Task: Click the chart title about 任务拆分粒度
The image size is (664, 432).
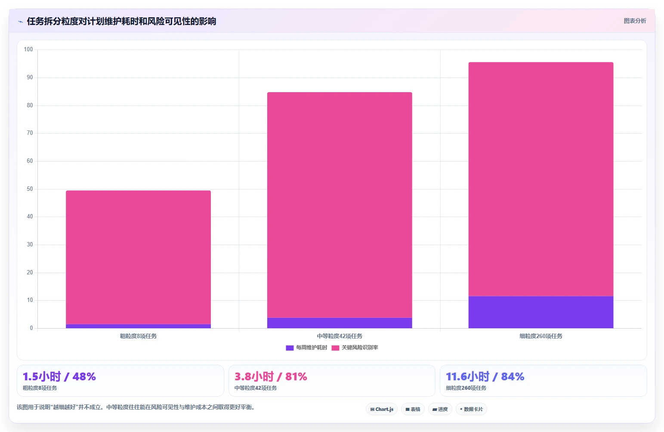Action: [121, 22]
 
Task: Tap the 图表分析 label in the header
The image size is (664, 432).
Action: [635, 21]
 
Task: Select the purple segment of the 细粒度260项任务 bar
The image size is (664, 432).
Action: [540, 312]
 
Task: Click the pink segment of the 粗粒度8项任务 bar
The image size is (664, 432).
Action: [138, 257]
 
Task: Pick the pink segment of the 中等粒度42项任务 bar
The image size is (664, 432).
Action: [340, 205]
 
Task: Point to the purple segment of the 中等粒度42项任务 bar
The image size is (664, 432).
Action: [340, 323]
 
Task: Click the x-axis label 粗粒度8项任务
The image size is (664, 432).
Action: [138, 336]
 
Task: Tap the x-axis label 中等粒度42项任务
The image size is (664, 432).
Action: [340, 336]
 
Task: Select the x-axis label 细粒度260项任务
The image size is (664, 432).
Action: [540, 336]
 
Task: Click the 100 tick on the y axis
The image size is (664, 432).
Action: [28, 49]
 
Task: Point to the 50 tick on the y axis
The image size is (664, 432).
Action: [30, 189]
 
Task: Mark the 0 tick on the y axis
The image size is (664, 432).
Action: [31, 328]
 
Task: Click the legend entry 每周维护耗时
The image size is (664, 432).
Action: [306, 348]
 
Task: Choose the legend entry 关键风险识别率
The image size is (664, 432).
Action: [355, 348]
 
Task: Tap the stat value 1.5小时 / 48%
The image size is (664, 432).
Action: [59, 376]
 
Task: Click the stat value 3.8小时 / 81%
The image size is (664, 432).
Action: [271, 376]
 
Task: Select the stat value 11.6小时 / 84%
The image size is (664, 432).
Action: [485, 376]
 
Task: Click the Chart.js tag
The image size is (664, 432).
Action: [382, 409]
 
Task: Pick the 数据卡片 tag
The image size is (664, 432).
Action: [471, 409]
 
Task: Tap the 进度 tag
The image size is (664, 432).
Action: [440, 409]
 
